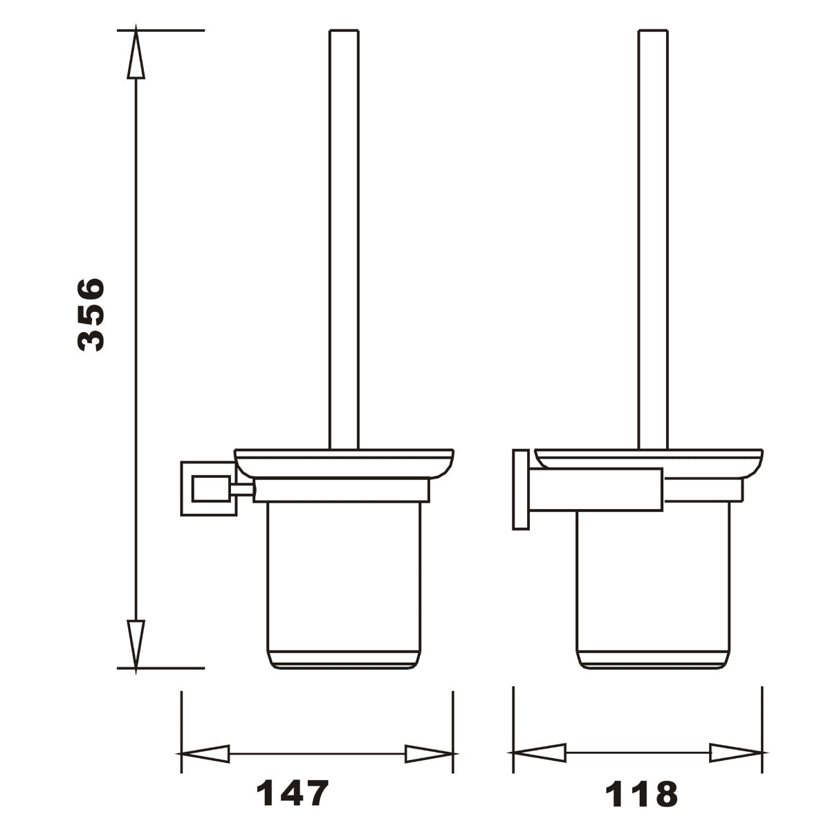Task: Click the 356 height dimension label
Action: tap(91, 315)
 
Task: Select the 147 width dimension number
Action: tap(291, 794)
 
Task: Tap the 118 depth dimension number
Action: tap(642, 794)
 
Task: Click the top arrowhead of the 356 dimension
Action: tap(136, 55)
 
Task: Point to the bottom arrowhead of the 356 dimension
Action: tap(136, 643)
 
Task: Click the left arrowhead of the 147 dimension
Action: tap(205, 754)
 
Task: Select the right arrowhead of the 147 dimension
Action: tap(429, 754)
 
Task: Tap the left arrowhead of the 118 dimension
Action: tap(538, 753)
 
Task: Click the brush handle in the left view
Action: tap(344, 235)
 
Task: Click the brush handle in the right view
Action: tap(653, 235)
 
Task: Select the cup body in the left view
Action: tap(344, 581)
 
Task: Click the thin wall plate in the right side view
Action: tap(521, 490)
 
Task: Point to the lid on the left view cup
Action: tap(344, 463)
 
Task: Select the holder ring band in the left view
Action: tap(342, 490)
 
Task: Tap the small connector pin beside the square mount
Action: tap(242, 490)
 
